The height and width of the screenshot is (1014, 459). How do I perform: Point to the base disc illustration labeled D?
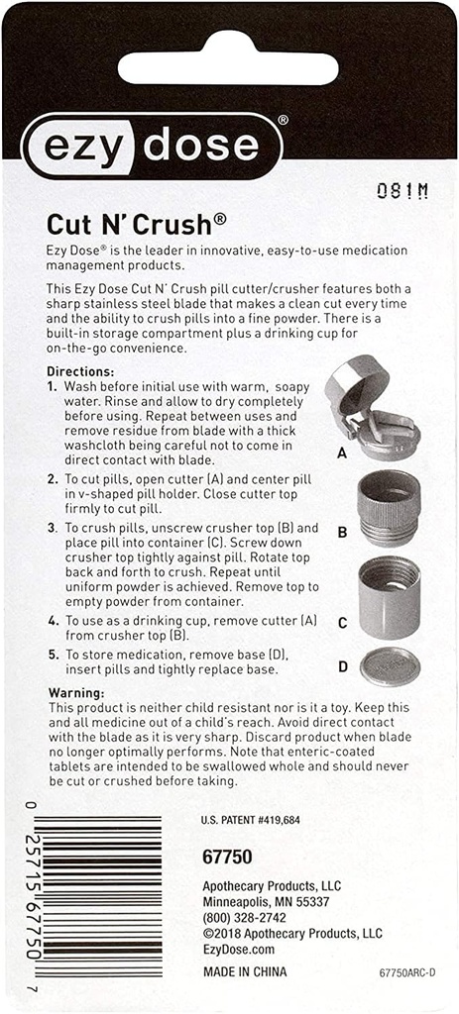point(390,665)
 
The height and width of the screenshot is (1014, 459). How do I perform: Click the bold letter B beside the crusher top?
point(342,532)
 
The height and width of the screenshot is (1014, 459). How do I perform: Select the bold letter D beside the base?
point(342,666)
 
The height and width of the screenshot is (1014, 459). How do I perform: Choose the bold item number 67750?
point(226,857)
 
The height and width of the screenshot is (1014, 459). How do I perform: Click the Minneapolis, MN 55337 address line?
point(265,902)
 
